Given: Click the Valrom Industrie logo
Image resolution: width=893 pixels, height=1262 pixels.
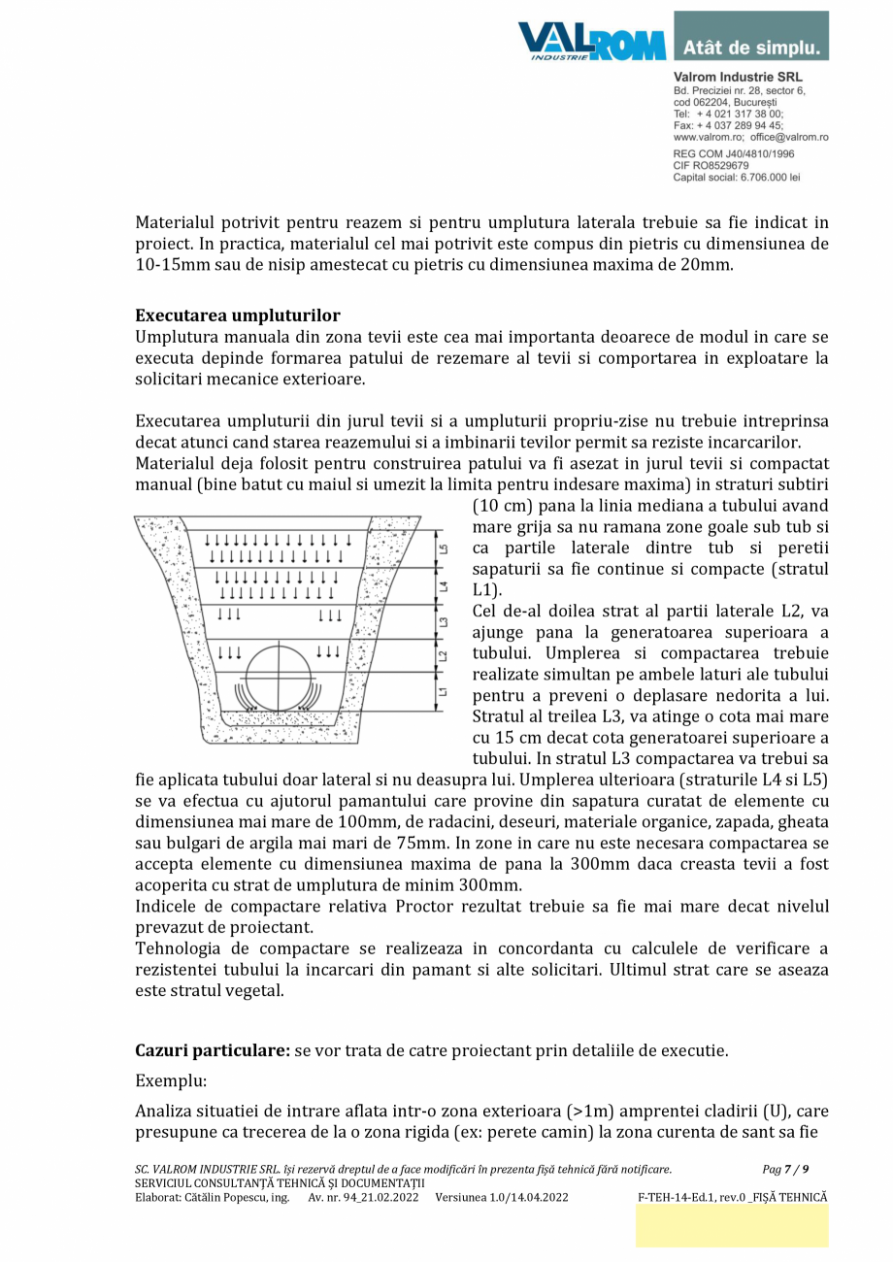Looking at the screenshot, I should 591,41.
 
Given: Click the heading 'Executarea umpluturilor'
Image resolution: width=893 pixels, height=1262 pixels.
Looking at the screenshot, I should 238,315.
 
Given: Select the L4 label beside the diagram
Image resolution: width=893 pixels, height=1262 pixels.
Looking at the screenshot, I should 444,587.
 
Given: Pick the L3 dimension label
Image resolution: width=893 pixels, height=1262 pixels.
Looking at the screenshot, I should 444,622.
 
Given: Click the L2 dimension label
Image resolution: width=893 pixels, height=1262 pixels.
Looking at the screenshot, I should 444,656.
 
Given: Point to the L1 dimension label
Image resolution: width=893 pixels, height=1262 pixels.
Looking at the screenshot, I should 444,691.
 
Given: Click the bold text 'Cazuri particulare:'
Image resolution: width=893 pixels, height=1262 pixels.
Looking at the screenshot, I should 213,1051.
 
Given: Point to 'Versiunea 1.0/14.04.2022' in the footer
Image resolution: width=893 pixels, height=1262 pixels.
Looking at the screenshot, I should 502,1197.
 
